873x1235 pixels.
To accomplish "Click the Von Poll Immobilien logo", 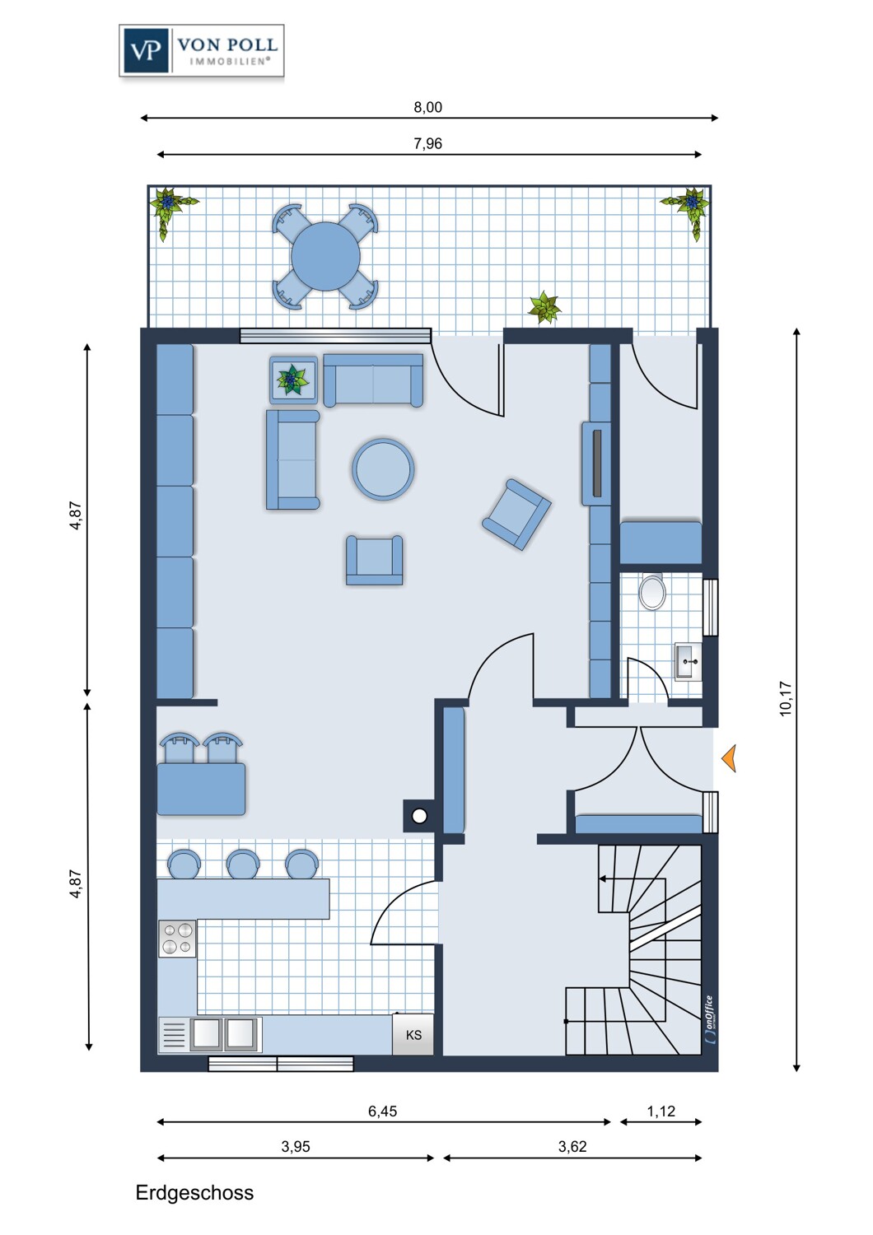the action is (201, 50).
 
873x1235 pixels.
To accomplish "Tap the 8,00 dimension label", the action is (428, 107).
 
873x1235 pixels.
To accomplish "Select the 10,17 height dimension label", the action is (786, 699).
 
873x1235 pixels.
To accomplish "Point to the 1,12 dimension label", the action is (661, 1111).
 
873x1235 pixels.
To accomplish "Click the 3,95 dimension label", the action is (296, 1146).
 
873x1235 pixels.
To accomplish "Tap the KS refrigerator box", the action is (413, 1035).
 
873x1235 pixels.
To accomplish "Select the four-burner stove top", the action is (177, 939).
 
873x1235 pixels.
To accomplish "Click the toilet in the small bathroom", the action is (652, 593).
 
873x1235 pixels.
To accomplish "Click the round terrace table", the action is (325, 256).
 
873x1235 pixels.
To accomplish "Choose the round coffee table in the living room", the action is (383, 470).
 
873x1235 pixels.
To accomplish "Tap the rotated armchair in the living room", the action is (516, 515).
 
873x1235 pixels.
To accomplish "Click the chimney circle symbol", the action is (420, 816).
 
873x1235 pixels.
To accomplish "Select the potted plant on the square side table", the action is (292, 380).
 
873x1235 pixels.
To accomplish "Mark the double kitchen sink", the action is (223, 1034).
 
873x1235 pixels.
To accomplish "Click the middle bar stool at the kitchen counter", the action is (243, 864).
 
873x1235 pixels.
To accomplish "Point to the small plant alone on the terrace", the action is (544, 309).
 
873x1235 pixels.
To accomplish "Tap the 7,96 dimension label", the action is (428, 143).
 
